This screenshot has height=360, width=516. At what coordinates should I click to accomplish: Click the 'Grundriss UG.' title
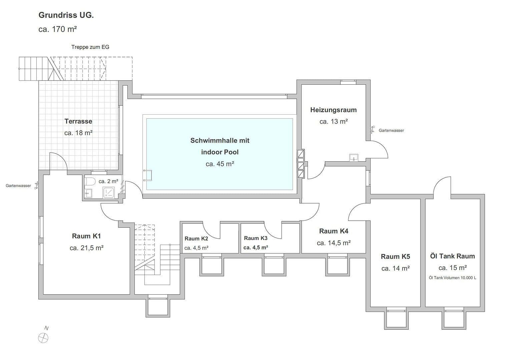click(x=66, y=15)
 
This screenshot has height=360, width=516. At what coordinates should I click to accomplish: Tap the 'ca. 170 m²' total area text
click(x=58, y=29)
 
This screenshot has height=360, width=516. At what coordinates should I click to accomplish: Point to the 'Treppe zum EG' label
click(x=90, y=47)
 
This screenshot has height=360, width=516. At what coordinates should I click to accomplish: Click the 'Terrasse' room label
click(x=78, y=121)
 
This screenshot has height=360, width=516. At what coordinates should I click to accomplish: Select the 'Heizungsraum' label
click(x=333, y=110)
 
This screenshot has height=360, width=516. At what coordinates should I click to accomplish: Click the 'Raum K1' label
click(x=86, y=236)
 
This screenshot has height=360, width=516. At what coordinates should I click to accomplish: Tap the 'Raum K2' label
click(x=196, y=238)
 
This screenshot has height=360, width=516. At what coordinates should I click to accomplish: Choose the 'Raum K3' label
click(x=255, y=238)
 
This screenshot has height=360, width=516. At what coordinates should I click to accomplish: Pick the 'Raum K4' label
click(x=334, y=231)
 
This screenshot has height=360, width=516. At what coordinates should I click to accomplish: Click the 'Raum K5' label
click(x=395, y=256)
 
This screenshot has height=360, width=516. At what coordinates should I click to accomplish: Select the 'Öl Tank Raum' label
click(x=452, y=256)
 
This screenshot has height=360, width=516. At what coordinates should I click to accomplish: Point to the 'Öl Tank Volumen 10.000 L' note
click(x=452, y=278)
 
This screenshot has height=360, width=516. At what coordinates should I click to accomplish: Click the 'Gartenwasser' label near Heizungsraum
click(x=391, y=130)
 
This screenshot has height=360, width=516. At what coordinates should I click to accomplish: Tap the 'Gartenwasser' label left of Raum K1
click(x=18, y=186)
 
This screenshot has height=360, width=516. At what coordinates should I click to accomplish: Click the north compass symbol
click(x=43, y=338)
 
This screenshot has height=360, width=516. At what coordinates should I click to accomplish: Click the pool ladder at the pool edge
click(x=148, y=175)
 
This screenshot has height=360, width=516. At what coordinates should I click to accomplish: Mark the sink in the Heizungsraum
click(x=353, y=157)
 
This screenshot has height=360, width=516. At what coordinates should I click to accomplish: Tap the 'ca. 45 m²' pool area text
click(x=220, y=164)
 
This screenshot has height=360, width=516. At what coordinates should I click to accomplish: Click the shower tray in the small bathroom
click(x=109, y=192)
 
